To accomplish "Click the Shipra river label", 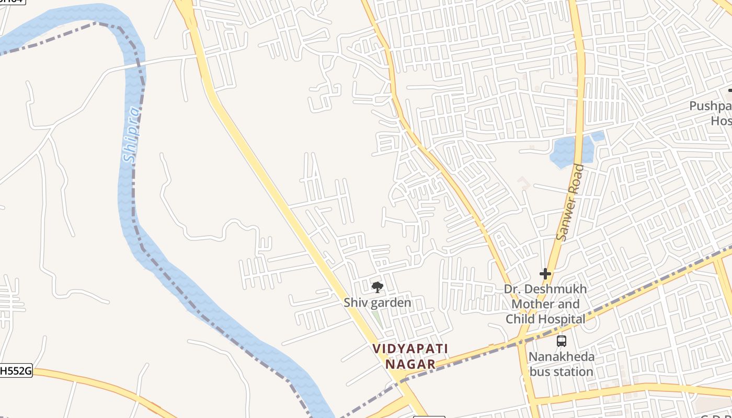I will pos(132,135).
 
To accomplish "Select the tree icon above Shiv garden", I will pos(377,287).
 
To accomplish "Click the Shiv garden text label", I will pos(377,303).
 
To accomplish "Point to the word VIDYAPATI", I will pos(410,349).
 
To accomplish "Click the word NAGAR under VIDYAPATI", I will pos(410,364).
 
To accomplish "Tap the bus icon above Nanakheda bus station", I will pos(562,341).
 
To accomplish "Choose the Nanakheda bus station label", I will pos(562,364).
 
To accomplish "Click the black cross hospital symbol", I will pos(545,273).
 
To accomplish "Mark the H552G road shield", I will pos(16,371).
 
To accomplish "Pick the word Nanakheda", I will pos(562,357).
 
